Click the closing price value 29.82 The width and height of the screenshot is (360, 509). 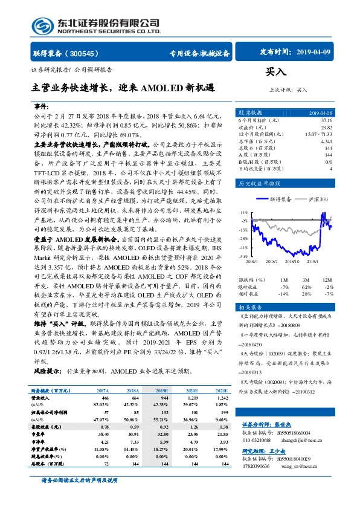point(326,128)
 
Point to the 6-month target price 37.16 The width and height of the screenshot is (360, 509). point(326,121)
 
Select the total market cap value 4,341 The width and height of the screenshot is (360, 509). point(326,141)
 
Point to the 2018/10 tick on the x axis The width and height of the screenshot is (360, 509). point(291,261)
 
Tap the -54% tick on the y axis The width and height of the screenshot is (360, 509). point(243,256)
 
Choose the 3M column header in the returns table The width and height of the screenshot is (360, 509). point(306,280)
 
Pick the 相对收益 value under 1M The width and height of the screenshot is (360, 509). point(283,293)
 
